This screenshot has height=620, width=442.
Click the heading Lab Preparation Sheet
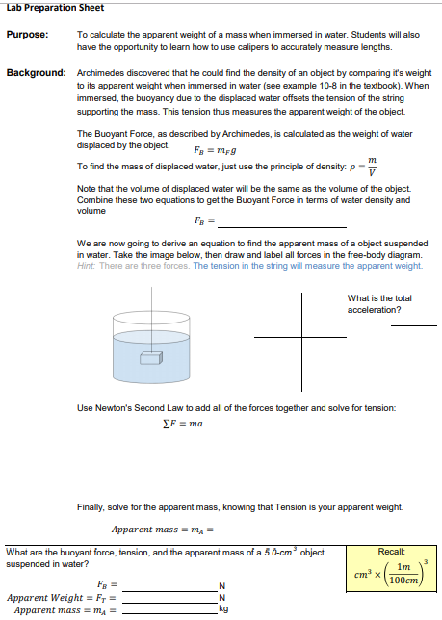coord(49,8)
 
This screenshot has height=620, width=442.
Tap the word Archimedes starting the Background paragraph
coord(99,73)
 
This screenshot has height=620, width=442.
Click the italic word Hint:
coord(86,266)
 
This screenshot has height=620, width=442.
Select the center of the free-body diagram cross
coord(301,337)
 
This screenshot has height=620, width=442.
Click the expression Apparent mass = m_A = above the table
coord(161,529)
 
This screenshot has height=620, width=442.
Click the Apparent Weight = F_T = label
coord(62,598)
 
